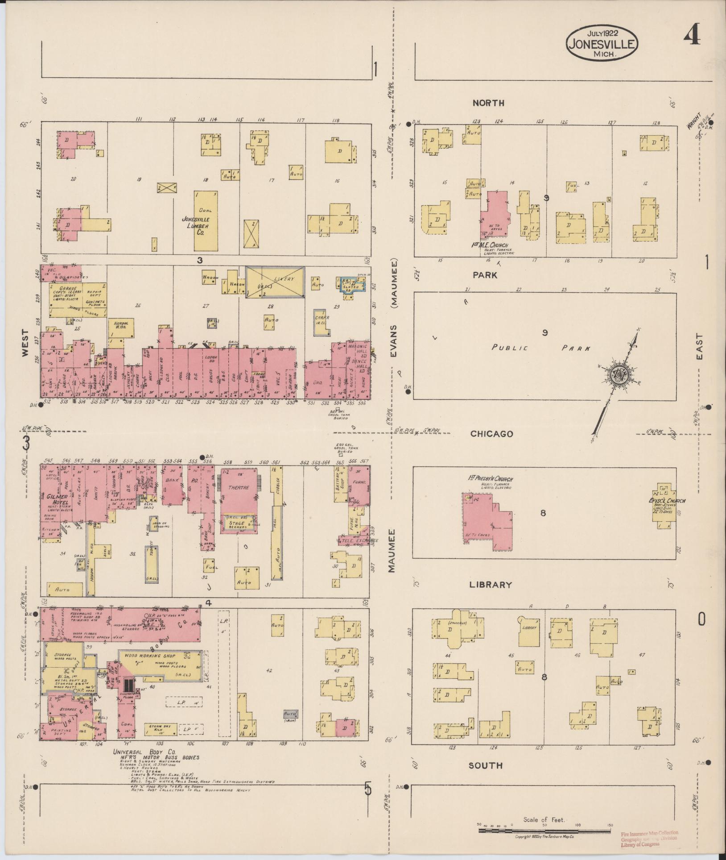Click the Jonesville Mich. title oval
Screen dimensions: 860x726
point(602,43)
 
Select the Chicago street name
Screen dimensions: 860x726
point(491,434)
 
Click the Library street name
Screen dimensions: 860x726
point(490,585)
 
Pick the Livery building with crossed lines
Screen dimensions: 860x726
point(275,282)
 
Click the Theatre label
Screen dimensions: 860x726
point(239,488)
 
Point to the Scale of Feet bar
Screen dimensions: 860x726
point(544,831)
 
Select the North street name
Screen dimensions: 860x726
point(488,103)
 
